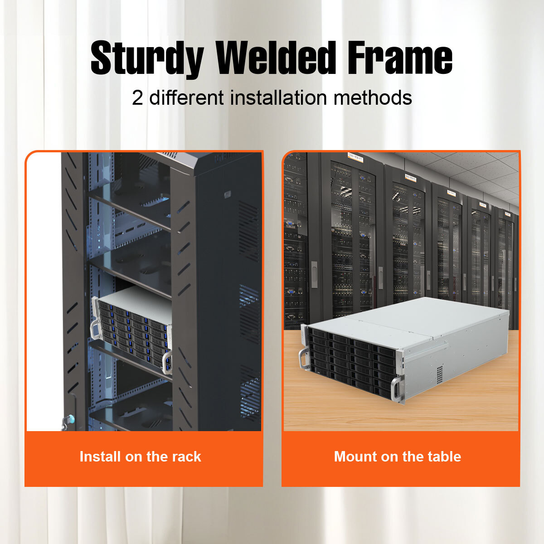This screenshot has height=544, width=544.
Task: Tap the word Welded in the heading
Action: pos(276,58)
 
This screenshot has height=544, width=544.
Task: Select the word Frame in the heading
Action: pos(400,58)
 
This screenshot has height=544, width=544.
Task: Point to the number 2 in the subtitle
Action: pos(137,98)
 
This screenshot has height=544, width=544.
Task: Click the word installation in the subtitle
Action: pos(278,97)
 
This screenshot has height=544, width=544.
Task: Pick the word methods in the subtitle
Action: pos(373,97)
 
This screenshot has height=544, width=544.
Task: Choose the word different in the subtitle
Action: pos(186,97)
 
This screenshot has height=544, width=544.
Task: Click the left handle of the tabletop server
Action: pos(303,358)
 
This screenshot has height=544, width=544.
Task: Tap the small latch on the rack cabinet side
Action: pos(227,194)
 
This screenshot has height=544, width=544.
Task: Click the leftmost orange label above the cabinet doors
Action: pos(355,157)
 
